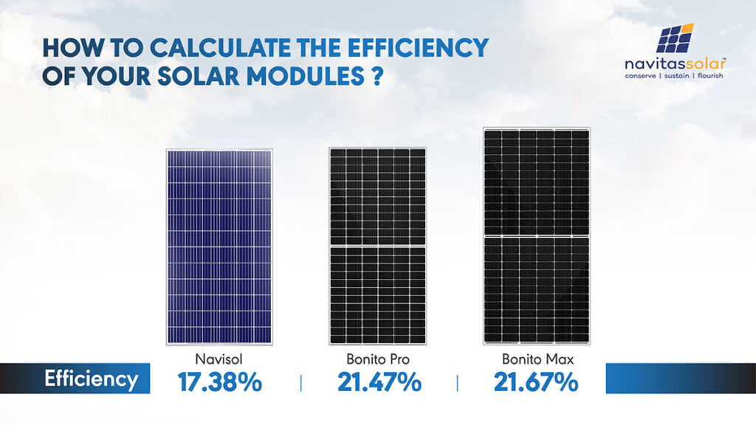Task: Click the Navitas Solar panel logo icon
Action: [674, 38]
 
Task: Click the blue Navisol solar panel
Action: [219, 246]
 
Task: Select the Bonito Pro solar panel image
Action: [377, 246]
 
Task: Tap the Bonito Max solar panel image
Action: [537, 236]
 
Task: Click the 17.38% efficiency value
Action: [219, 382]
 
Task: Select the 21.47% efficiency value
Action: [379, 382]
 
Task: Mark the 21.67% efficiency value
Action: [536, 382]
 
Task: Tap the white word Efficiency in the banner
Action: [91, 379]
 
